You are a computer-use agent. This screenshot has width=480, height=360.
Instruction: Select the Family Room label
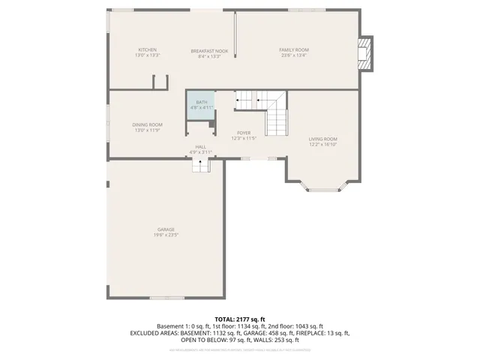[x=294, y=50]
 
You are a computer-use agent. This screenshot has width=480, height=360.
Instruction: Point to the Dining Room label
[x=147, y=124]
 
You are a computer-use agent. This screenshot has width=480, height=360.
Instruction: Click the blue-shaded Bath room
[x=201, y=104]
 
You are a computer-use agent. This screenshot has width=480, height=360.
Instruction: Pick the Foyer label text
[x=244, y=133]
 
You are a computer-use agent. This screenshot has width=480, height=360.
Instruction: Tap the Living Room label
[x=323, y=139]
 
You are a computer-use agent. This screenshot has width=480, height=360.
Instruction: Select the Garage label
[x=166, y=229]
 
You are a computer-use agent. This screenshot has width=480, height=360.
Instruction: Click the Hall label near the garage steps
[x=200, y=147]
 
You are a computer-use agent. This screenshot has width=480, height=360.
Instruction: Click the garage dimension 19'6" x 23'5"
[x=166, y=235]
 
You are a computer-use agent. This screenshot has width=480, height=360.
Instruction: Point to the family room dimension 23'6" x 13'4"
[x=294, y=55]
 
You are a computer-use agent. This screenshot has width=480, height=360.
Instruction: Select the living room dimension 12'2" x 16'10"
[x=323, y=144]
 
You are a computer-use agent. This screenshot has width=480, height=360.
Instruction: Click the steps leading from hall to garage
[x=200, y=164]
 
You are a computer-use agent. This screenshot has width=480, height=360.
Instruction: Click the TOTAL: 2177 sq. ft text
[x=239, y=319]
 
